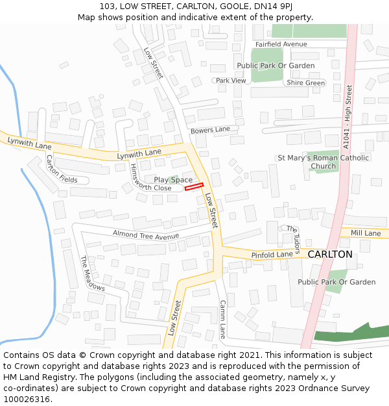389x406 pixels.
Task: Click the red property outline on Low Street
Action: coord(194,187)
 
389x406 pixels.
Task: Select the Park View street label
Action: coord(231,81)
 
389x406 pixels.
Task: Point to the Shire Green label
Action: coord(305,83)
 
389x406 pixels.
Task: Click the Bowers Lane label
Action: coord(210,130)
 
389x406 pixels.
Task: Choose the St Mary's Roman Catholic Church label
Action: coord(323,162)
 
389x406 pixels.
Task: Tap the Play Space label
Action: coord(173,180)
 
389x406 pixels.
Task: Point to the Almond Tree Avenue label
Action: coord(145,235)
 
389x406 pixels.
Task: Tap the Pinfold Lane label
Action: coord(272,255)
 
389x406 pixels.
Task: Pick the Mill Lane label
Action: coord(366,233)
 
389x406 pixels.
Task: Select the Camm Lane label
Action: coord(222,319)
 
